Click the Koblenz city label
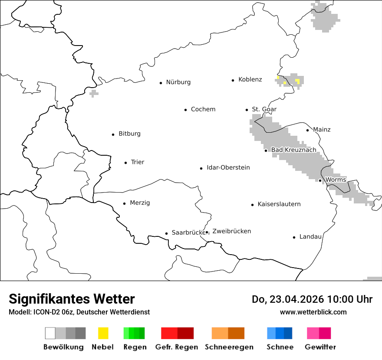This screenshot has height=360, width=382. tap(250, 79)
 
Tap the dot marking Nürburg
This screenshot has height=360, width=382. tap(161, 82)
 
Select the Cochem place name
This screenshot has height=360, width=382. tap(203, 109)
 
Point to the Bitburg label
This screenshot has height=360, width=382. tap(129, 134)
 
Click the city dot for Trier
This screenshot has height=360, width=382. tap(126, 163)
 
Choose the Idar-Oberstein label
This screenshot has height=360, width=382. tap(228, 167)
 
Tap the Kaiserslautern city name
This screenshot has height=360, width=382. tap(279, 204)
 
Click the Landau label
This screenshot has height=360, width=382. tap(310, 236)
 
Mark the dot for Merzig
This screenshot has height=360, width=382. tap(125, 203)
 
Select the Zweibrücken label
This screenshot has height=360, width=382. tap(232, 231)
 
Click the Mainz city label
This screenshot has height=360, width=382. tap(322, 129)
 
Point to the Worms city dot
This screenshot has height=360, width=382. tap(320, 180)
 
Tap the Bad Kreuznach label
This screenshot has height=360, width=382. tap(294, 150)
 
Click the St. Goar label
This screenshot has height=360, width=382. tap(264, 109)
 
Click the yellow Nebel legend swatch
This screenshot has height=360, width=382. tap(103, 333)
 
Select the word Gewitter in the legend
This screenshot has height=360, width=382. tap(320, 347)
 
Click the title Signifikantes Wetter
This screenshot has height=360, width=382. tap(72, 299)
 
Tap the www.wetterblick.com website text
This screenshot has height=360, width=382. tap(313, 312)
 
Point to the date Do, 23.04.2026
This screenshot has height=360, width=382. tap(288, 299)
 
